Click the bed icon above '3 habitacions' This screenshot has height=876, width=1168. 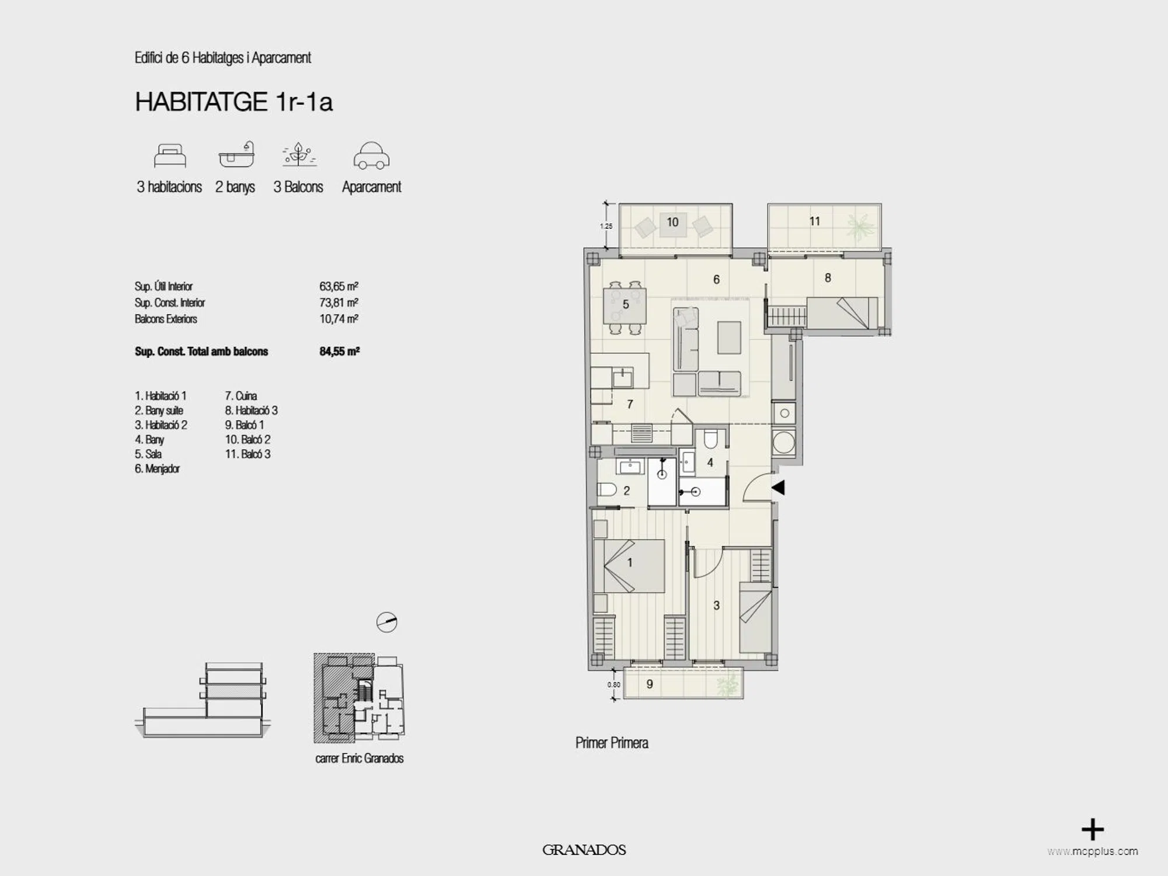coord(170,156)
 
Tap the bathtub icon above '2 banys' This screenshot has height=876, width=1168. coord(237,155)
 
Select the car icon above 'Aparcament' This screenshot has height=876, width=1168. coord(371,156)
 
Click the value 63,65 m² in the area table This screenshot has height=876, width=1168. coord(339,286)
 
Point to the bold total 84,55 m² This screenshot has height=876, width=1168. coord(339,351)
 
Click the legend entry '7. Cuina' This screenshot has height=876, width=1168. coord(240,396)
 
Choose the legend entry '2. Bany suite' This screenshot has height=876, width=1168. coord(159,411)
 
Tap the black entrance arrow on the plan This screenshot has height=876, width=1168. coord(778,487)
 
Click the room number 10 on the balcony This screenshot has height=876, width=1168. coord(672,222)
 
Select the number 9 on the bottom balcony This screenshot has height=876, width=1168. coord(650,684)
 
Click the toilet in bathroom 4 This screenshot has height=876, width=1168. coord(710,439)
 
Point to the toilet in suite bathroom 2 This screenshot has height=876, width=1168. coord(607,489)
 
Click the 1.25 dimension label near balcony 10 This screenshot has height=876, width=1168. coord(606,226)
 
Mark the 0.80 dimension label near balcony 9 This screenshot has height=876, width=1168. coord(613,685)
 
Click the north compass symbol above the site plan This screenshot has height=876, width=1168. coord(386,623)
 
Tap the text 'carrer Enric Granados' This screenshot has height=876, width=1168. coord(360,759)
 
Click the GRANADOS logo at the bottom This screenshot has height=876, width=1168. coord(584,850)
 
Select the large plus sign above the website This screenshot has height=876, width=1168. coord(1093,830)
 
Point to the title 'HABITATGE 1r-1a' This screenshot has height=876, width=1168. coord(233,102)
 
